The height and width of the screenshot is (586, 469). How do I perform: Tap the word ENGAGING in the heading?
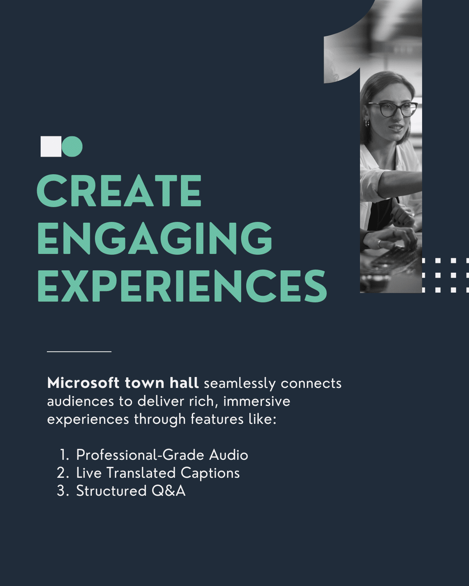click(155, 238)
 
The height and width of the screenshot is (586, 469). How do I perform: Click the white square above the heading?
click(51, 146)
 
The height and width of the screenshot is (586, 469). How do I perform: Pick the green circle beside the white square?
click(73, 146)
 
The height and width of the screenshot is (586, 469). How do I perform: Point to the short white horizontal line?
click(79, 352)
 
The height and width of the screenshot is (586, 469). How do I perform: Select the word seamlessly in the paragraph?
click(240, 384)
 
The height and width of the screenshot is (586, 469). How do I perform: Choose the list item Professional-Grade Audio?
click(162, 455)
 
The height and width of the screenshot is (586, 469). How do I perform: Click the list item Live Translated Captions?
click(158, 473)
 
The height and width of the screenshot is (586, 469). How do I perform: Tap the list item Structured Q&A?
click(131, 491)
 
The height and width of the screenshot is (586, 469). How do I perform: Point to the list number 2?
click(62, 473)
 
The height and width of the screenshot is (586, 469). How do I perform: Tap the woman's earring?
click(367, 123)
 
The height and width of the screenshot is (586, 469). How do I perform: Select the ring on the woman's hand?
click(379, 244)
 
